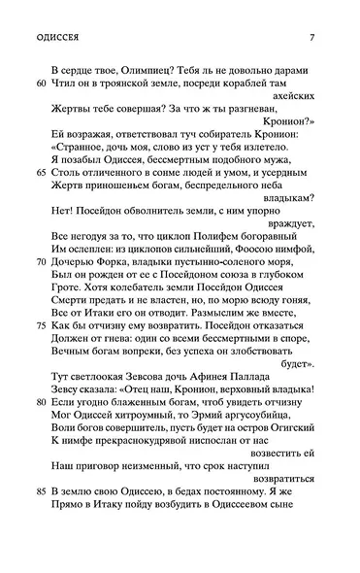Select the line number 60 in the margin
pos(39,85)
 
